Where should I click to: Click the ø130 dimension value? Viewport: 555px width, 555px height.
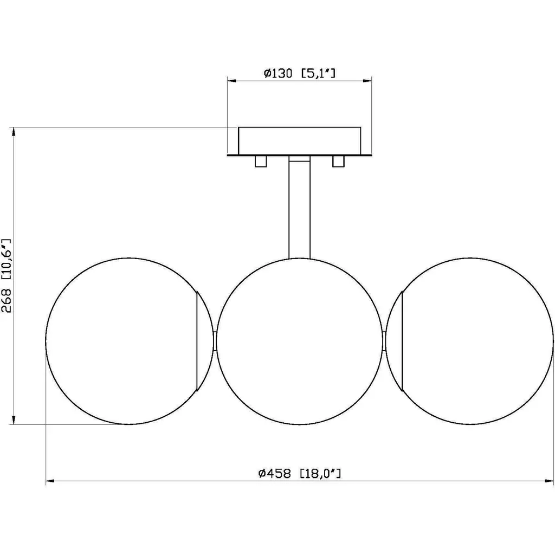point(278,73)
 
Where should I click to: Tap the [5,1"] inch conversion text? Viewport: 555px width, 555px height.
point(318,73)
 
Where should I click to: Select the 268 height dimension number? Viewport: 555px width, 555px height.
point(7,300)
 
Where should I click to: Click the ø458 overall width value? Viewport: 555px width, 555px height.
point(275,473)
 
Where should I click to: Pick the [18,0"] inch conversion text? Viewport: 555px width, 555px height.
point(320,473)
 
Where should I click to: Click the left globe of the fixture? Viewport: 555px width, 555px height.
point(46,341)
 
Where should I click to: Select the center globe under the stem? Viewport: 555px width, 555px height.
point(216,341)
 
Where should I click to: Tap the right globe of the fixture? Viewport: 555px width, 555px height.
point(552,341)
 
